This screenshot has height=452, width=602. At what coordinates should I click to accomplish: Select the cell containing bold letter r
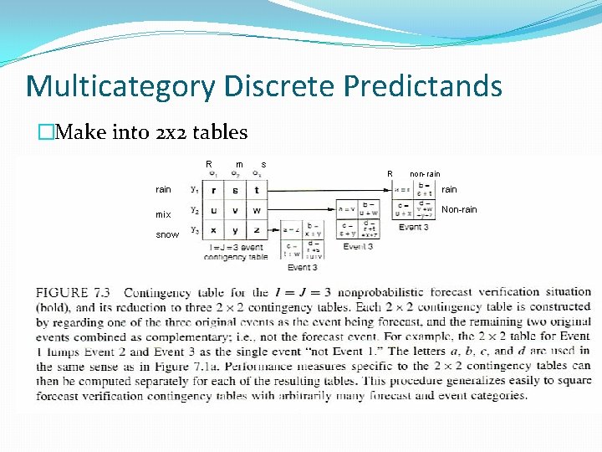point(214,191)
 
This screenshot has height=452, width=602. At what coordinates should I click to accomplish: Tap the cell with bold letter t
point(257,191)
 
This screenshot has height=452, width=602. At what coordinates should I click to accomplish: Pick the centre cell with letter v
point(235,210)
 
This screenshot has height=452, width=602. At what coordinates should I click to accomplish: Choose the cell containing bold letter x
point(214,229)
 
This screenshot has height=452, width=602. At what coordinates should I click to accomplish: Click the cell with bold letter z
point(257,229)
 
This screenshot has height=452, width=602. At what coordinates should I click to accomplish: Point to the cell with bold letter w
point(257,210)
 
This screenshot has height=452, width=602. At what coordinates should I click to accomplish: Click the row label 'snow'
point(167,235)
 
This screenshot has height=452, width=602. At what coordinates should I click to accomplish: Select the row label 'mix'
point(163,215)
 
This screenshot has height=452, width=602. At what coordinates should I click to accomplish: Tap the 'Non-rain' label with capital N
point(459,209)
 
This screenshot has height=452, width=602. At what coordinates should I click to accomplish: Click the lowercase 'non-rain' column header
point(425,174)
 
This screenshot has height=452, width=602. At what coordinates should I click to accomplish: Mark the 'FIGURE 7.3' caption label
point(74,293)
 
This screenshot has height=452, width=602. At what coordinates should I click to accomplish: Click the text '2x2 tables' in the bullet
point(202,132)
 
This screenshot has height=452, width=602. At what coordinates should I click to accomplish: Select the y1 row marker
point(194,189)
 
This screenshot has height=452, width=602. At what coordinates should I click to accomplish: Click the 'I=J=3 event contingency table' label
point(236,252)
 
